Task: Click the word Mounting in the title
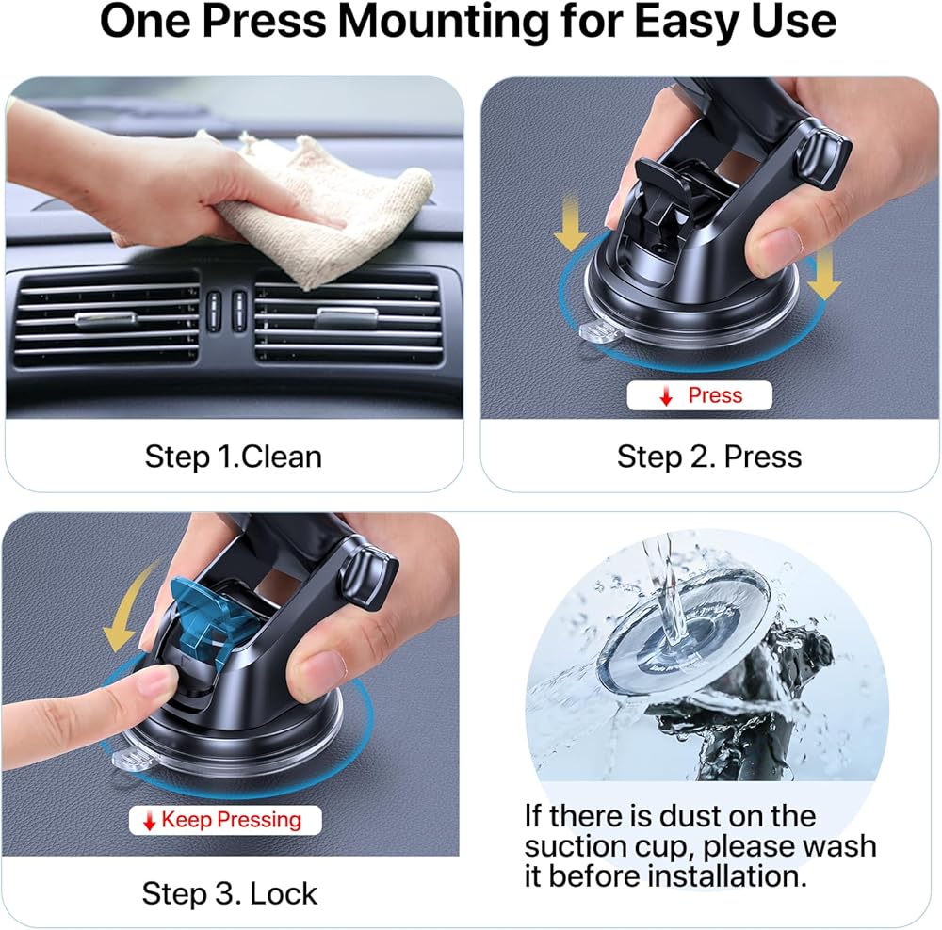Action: [444, 22]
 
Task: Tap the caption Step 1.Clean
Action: [233, 457]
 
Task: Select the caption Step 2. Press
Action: [709, 457]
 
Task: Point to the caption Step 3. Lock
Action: [230, 893]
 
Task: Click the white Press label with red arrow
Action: [699, 395]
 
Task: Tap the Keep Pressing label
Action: [225, 820]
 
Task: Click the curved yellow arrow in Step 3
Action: [127, 606]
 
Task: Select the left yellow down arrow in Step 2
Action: [570, 222]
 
